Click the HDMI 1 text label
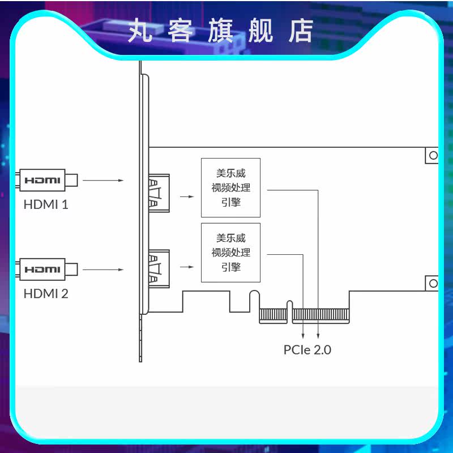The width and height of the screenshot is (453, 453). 46,204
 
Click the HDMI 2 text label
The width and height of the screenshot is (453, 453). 46,293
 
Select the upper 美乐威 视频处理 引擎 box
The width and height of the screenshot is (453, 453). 231,187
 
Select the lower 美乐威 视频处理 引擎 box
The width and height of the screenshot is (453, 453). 231,253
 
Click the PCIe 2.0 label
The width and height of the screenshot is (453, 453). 307,349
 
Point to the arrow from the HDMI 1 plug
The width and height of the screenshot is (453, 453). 102,181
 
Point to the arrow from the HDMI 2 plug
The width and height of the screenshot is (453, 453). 102,269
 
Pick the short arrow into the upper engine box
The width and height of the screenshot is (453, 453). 186,197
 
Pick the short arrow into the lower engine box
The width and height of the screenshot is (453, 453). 186,265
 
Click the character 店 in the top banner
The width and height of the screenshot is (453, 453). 300,31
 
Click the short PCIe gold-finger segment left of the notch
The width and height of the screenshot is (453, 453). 273,315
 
